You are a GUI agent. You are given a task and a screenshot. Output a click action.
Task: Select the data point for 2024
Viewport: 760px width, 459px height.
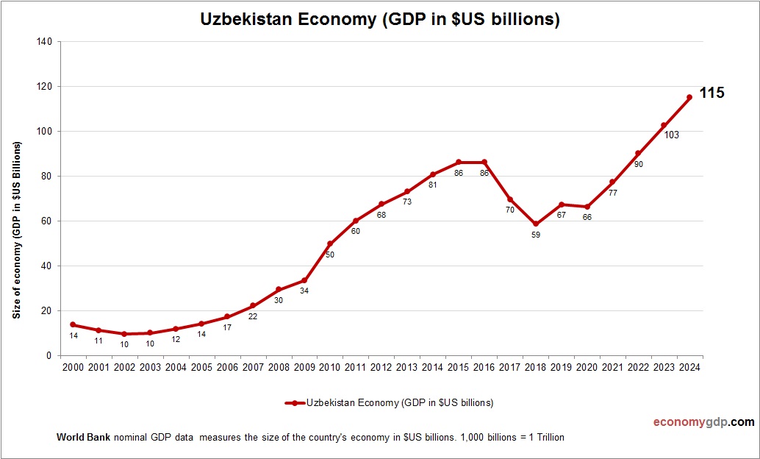(689, 97)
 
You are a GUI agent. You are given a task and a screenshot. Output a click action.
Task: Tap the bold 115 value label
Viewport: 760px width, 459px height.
(711, 93)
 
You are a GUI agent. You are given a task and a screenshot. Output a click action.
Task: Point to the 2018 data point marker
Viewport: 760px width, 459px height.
(535, 224)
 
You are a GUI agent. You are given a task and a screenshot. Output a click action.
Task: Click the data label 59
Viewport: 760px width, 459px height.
(535, 235)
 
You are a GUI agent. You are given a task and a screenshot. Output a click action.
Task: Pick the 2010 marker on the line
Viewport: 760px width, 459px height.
(329, 243)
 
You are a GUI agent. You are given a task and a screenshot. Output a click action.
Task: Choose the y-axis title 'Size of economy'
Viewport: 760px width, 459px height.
(16, 229)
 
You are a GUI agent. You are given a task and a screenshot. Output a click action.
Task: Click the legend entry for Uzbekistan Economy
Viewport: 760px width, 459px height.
(390, 402)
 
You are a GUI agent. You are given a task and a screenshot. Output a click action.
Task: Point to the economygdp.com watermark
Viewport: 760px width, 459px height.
(703, 422)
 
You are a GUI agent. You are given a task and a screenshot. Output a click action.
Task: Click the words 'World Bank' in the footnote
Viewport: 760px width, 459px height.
(83, 437)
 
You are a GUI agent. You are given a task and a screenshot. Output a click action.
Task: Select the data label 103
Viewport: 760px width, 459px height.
(670, 135)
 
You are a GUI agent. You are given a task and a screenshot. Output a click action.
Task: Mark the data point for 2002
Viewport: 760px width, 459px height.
(123, 333)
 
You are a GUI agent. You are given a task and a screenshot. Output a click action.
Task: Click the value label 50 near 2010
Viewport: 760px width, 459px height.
(329, 255)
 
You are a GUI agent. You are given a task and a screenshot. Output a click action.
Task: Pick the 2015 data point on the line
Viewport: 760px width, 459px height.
(458, 162)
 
